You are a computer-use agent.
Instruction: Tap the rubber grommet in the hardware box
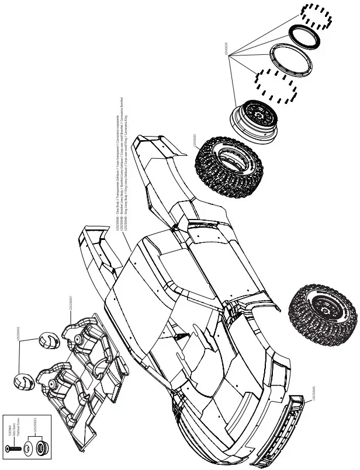[x=41, y=449]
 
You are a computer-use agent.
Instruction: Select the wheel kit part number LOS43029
[x=226, y=50]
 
